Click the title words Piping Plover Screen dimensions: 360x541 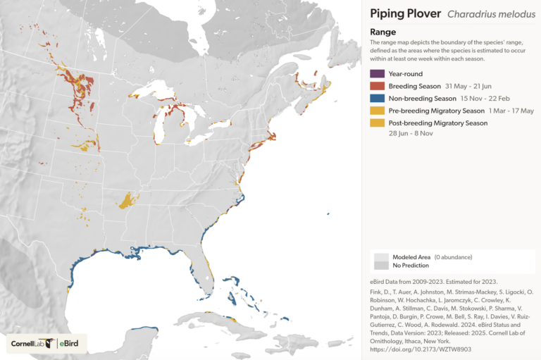(405, 13)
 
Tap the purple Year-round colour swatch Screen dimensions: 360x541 (377, 73)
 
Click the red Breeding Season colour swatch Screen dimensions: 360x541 (377, 86)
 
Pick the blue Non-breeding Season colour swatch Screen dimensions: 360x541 (377, 99)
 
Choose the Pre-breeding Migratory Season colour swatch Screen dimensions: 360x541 (377, 111)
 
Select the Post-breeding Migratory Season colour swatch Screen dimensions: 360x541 (377, 123)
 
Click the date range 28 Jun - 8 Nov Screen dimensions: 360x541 (413, 134)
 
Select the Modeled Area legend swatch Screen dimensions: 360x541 (382, 257)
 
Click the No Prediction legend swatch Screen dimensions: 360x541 (382, 266)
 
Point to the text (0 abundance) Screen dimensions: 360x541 (452, 257)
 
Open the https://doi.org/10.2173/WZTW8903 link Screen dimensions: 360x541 (421, 349)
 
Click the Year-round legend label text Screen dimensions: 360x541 (406, 73)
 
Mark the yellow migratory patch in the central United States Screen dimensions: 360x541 (128, 200)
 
